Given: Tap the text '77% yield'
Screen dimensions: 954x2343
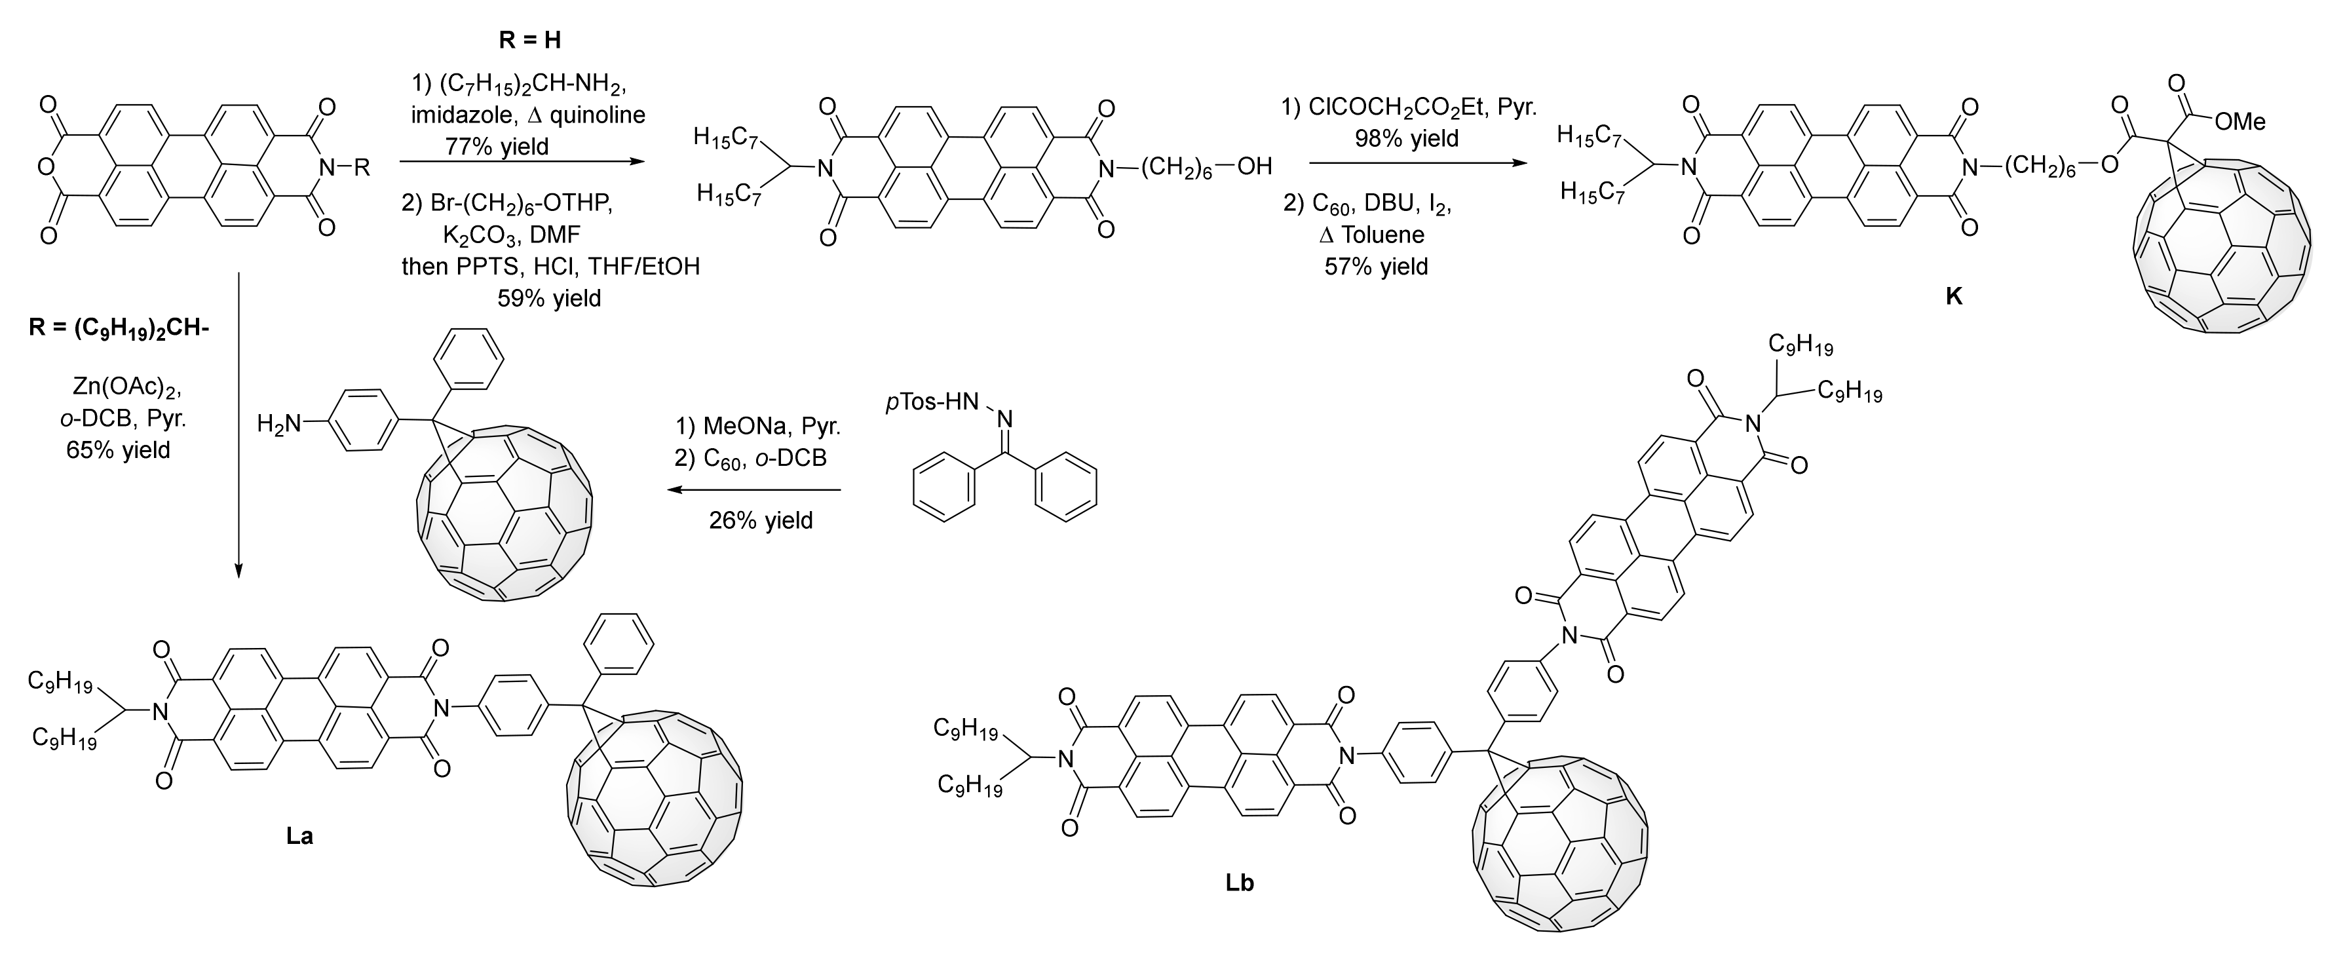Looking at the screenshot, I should tap(497, 145).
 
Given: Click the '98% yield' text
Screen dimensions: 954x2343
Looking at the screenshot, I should tap(1407, 138).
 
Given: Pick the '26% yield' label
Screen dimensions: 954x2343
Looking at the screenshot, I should tap(761, 520).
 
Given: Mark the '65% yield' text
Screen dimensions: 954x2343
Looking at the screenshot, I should tap(118, 449).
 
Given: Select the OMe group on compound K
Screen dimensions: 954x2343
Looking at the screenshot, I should tap(2239, 122).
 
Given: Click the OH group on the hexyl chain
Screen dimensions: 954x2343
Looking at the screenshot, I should tap(1253, 166).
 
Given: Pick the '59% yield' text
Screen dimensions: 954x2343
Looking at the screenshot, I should tap(549, 297).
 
